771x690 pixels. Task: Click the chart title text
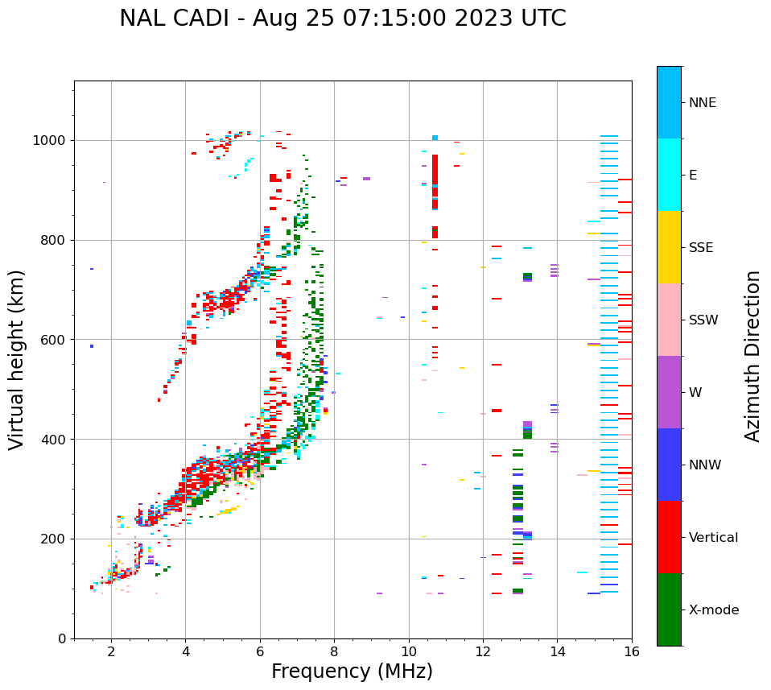pyautogui.click(x=342, y=19)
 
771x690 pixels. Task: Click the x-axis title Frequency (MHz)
pyautogui.click(x=352, y=671)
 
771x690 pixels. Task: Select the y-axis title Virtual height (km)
pyautogui.click(x=18, y=360)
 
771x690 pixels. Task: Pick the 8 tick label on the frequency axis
pyautogui.click(x=334, y=652)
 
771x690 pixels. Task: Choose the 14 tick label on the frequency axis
pyautogui.click(x=557, y=652)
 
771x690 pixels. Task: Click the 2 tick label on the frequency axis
pyautogui.click(x=111, y=652)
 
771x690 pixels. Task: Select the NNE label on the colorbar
pyautogui.click(x=702, y=103)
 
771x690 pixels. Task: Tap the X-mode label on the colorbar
pyautogui.click(x=713, y=610)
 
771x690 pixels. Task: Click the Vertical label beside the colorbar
pyautogui.click(x=713, y=538)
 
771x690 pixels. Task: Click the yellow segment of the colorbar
pyautogui.click(x=669, y=247)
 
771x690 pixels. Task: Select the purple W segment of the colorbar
pyautogui.click(x=669, y=392)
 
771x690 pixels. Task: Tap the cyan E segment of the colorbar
pyautogui.click(x=669, y=175)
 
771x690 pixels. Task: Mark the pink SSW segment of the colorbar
pyautogui.click(x=669, y=320)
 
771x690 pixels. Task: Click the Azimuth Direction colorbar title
pyautogui.click(x=752, y=356)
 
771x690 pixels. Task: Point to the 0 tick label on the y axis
pyautogui.click(x=62, y=638)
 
